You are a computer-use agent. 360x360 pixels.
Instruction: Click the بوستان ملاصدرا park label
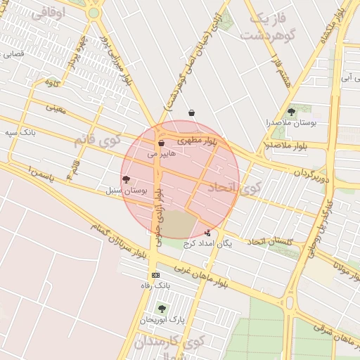coord(291,122)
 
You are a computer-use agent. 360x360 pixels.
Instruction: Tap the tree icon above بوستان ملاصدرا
coord(291,112)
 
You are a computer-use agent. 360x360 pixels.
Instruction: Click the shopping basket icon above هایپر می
coord(161,143)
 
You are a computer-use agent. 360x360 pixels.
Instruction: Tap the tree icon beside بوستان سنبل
coord(126,180)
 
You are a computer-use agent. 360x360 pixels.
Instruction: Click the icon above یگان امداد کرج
coord(207,233)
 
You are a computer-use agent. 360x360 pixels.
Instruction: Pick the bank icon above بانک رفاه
coord(155,275)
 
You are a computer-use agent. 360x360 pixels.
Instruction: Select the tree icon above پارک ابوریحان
coord(162,309)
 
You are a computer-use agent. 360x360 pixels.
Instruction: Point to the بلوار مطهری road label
coord(198,141)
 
